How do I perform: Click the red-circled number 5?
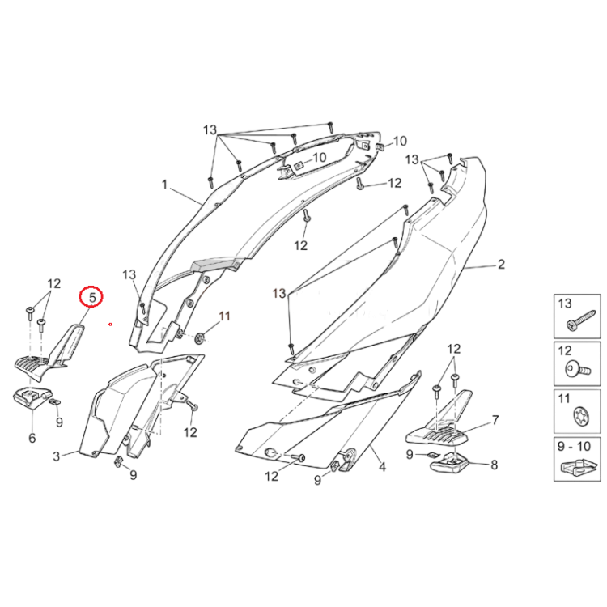point(92,297)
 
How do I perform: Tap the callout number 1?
point(164,185)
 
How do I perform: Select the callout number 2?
point(501,264)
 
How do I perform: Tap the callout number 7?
point(495,419)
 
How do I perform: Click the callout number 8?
point(494,465)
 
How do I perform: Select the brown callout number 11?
point(224,316)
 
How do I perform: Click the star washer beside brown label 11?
point(201,338)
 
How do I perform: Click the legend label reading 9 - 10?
point(574,446)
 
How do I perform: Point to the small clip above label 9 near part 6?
point(54,401)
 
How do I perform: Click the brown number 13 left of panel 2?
point(278,293)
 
